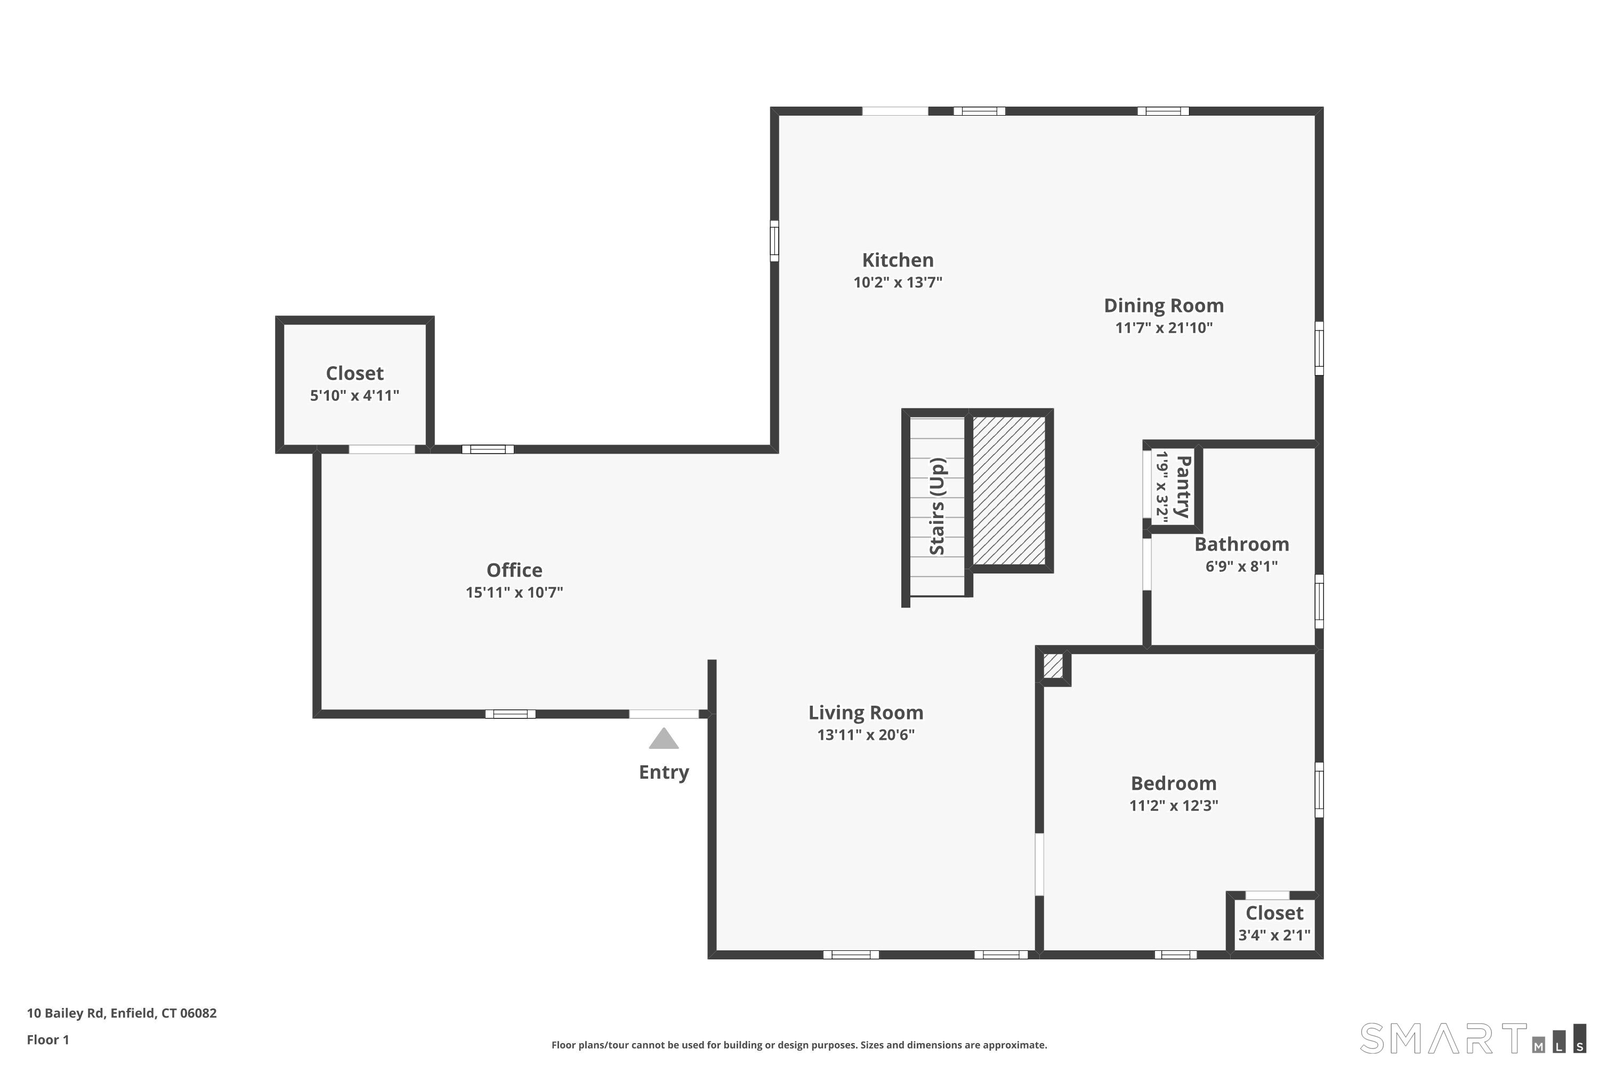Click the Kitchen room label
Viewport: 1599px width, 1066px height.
[898, 261]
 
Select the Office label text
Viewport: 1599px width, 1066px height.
[514, 570]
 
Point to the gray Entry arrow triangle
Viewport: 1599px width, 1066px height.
[664, 738]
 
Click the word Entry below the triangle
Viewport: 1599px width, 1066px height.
[664, 772]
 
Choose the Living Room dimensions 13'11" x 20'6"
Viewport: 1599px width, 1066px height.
[866, 734]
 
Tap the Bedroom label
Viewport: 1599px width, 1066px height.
[1174, 783]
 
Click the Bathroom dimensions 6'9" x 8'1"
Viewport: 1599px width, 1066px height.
[1241, 566]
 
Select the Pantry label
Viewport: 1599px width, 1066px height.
[1183, 487]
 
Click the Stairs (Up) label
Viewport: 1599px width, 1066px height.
[938, 506]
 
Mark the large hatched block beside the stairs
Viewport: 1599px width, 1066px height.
[1009, 490]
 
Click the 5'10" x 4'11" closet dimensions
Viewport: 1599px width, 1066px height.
[354, 395]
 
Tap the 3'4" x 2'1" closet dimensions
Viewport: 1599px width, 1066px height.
[1274, 935]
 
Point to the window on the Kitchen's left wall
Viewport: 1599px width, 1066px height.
[774, 241]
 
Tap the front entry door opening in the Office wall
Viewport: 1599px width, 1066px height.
[664, 714]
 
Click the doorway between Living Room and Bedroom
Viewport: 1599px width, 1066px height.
[1039, 864]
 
